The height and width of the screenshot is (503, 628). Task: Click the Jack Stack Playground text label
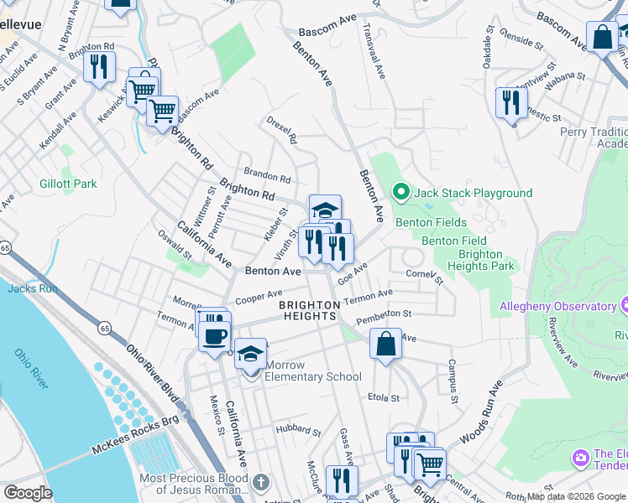point(472,194)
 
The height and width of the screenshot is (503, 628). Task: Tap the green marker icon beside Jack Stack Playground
point(400,193)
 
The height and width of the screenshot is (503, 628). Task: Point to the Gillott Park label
point(68,184)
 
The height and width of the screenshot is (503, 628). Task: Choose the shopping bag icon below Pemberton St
point(385,344)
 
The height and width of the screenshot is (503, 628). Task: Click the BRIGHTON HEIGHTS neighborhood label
point(308,309)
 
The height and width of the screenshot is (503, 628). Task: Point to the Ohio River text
point(31,368)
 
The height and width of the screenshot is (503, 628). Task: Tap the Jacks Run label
point(32,288)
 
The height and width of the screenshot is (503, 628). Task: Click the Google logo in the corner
point(29,493)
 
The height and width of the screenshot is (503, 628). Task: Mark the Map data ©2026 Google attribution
point(576,496)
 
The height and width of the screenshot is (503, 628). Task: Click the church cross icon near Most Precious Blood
point(261,482)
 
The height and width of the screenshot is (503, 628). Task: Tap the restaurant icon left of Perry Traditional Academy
point(510,102)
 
